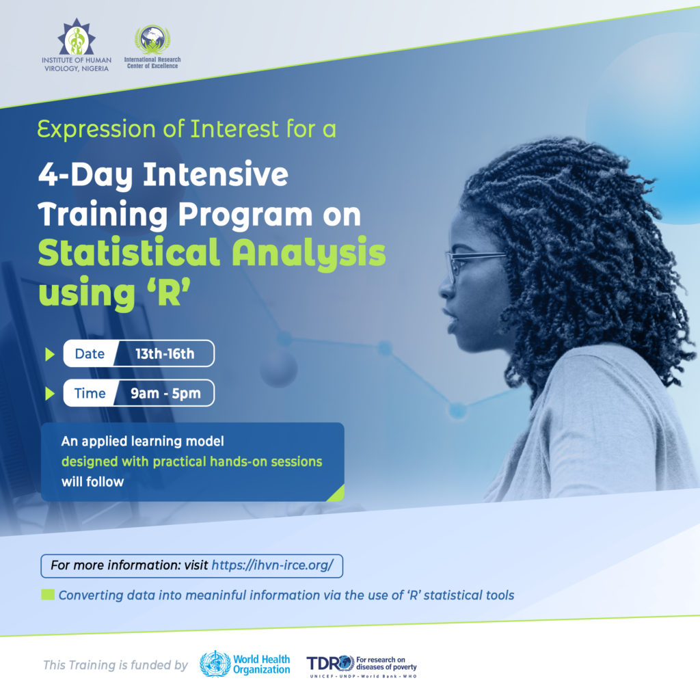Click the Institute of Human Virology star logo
[x=75, y=38]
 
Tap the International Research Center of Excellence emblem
[x=152, y=40]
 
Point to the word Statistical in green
[x=129, y=254]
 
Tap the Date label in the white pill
[x=90, y=353]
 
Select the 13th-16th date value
[x=165, y=353]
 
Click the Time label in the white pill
[x=90, y=393]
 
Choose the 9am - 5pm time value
[x=165, y=393]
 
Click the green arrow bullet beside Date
[x=49, y=354]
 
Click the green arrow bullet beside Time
[x=49, y=394]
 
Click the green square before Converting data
[x=48, y=595]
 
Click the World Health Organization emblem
[x=215, y=664]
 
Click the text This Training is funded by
[x=115, y=664]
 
